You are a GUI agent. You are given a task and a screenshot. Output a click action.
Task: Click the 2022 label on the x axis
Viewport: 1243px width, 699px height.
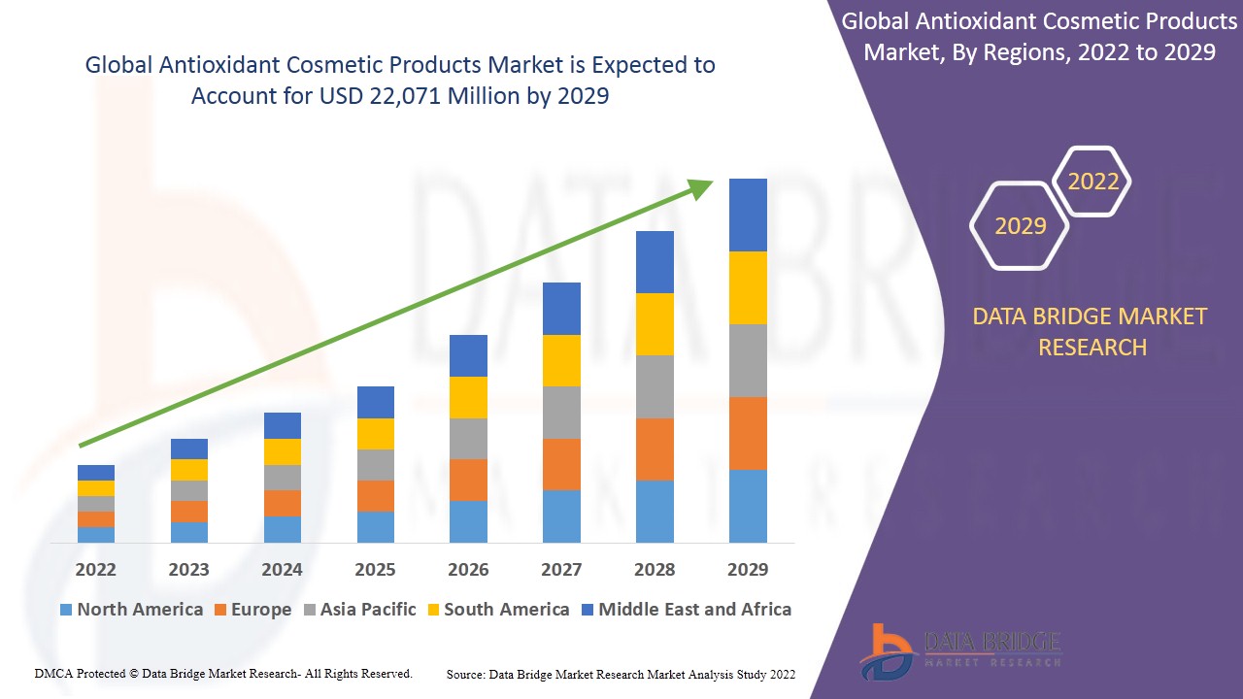coord(95,569)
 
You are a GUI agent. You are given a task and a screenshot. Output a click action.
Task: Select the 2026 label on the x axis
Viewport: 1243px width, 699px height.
coord(468,569)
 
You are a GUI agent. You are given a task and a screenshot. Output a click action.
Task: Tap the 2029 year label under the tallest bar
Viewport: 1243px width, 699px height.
coord(748,569)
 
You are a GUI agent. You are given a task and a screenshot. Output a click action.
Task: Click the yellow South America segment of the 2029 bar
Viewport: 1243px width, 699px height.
coord(748,287)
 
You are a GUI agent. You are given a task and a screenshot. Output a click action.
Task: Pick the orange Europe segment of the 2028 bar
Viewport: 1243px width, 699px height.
coord(655,449)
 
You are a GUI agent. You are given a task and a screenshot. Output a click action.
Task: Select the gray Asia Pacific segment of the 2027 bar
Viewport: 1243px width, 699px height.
coord(561,413)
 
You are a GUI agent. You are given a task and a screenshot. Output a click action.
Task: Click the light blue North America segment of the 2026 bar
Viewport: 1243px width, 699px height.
coord(468,521)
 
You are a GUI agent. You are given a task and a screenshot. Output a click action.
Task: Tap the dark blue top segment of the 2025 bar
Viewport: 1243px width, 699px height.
coord(375,402)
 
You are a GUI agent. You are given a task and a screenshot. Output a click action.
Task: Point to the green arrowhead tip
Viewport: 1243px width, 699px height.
coord(710,182)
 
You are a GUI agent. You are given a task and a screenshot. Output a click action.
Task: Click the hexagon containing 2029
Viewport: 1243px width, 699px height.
coord(1020,226)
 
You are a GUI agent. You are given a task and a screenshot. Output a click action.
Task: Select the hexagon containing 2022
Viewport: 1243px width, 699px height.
coord(1092,182)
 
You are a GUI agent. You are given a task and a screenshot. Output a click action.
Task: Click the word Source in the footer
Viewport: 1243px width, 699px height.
coord(466,674)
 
